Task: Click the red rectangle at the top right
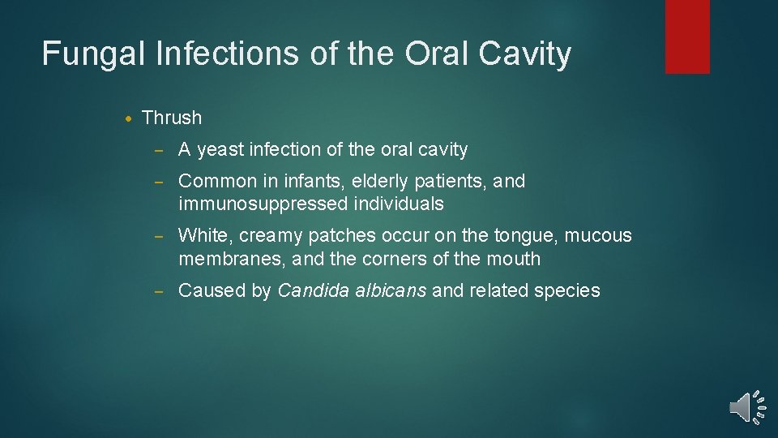pyautogui.click(x=687, y=36)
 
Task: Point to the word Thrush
pyautogui.click(x=171, y=118)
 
